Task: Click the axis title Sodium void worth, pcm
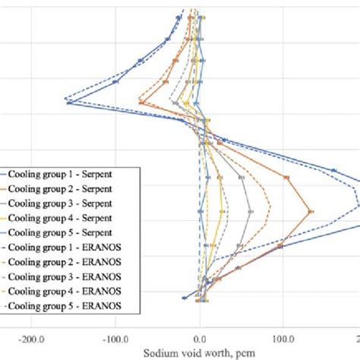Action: (x=200, y=352)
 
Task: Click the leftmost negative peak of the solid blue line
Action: (x=69, y=103)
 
